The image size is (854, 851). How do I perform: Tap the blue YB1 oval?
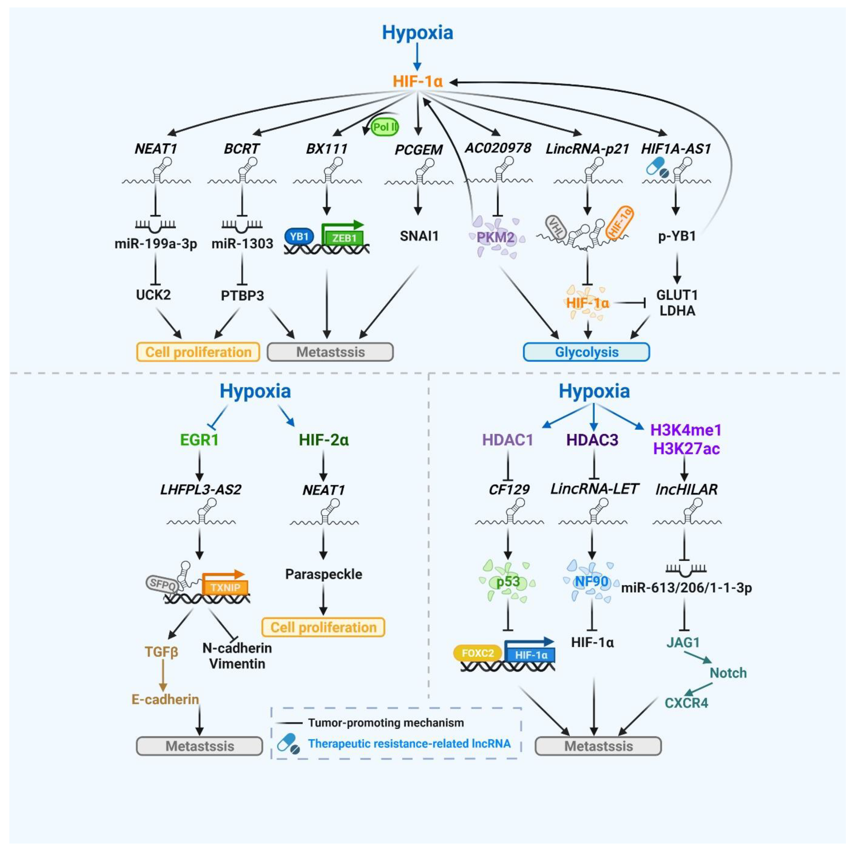[x=299, y=237]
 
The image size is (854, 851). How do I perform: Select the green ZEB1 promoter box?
[x=344, y=238]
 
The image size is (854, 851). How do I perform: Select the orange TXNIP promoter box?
[x=225, y=587]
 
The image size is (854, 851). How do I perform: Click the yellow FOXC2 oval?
[x=477, y=653]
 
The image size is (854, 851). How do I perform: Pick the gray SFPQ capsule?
[x=162, y=584]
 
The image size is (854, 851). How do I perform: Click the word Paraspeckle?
[x=324, y=574]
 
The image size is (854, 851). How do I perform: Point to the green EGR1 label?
[x=199, y=440]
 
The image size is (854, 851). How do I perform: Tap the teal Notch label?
[x=728, y=673]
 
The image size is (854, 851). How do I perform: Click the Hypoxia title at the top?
[x=417, y=33]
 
